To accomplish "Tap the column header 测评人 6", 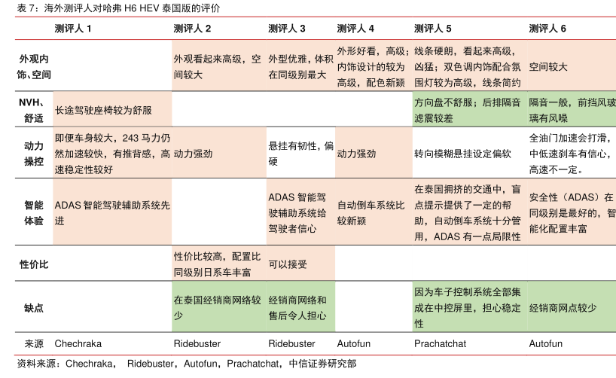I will (x=547, y=29).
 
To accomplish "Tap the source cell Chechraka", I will (x=78, y=343).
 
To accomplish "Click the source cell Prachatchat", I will (x=440, y=343).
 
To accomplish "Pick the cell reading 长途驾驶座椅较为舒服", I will (x=103, y=110).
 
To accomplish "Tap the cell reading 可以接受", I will (x=288, y=264).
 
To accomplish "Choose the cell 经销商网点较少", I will (x=563, y=308).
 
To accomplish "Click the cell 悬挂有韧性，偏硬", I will (x=300, y=154).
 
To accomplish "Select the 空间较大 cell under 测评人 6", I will (x=548, y=66).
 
